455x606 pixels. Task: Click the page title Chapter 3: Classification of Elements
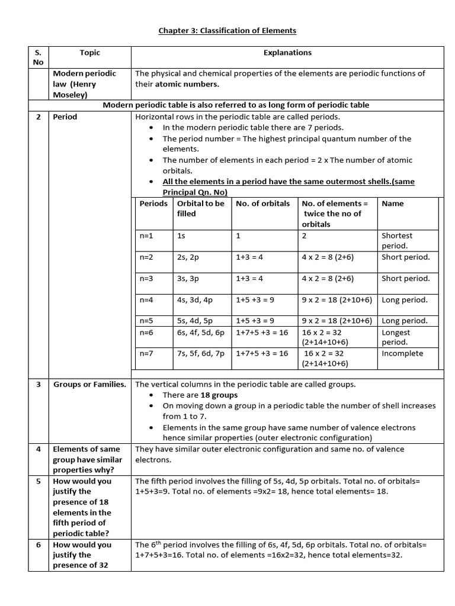(x=227, y=30)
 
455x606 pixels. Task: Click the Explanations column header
(x=287, y=53)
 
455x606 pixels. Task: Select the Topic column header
(x=90, y=53)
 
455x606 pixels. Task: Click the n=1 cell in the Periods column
(x=146, y=236)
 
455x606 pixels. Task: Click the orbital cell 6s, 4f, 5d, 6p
(x=201, y=333)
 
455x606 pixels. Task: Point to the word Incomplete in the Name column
(x=402, y=354)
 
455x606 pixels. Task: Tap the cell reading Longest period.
(x=396, y=337)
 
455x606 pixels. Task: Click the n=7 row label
(x=146, y=354)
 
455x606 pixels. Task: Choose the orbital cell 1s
(x=181, y=236)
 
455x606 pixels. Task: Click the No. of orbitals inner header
(x=262, y=204)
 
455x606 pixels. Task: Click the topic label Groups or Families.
(x=89, y=385)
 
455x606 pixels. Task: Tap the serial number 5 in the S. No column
(x=38, y=481)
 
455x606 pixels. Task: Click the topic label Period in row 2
(x=65, y=117)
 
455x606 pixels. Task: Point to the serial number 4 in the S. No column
(x=38, y=449)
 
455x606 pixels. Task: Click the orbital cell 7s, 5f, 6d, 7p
(x=201, y=354)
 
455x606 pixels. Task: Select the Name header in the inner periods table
(x=393, y=204)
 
